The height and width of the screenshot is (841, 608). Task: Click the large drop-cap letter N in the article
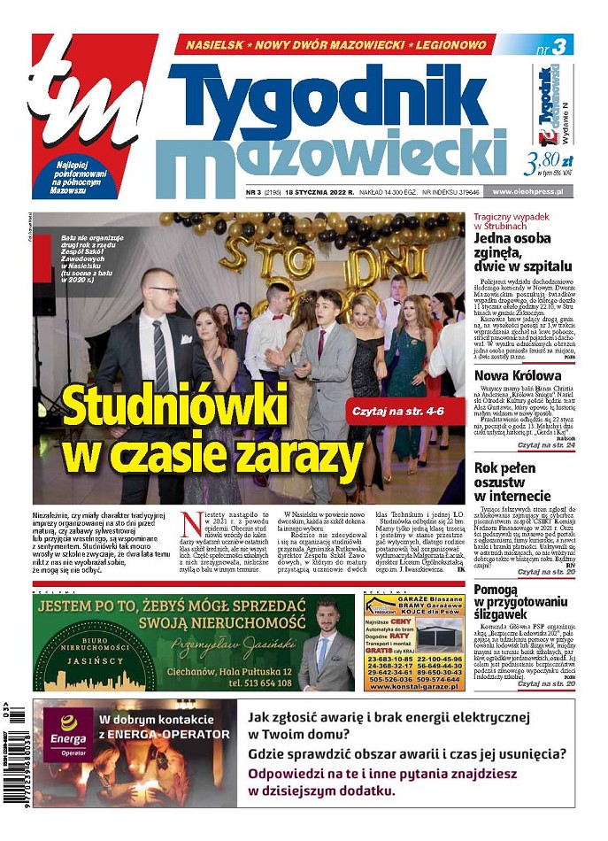click(x=190, y=524)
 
